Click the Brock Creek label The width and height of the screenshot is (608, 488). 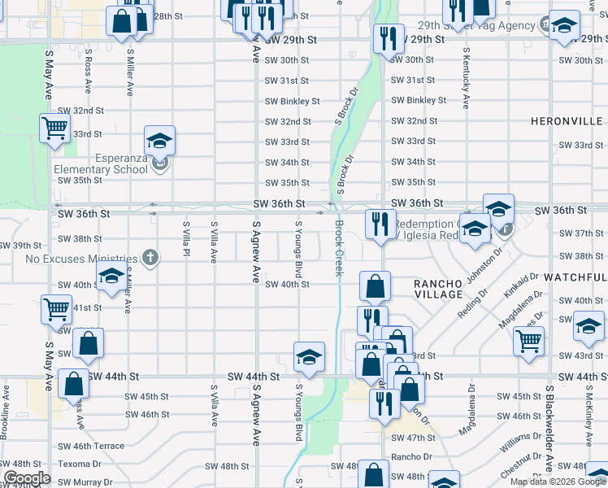pos(339,248)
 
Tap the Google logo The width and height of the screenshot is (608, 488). pos(27,478)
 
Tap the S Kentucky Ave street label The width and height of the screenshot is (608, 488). pos(466,78)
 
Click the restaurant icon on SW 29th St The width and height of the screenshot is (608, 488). pos(384,37)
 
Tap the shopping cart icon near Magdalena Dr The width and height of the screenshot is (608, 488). pos(528,340)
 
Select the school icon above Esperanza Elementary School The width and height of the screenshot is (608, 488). pos(160,140)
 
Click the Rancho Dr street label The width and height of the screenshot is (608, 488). pos(410,457)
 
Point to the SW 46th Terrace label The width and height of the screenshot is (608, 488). pos(90,446)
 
